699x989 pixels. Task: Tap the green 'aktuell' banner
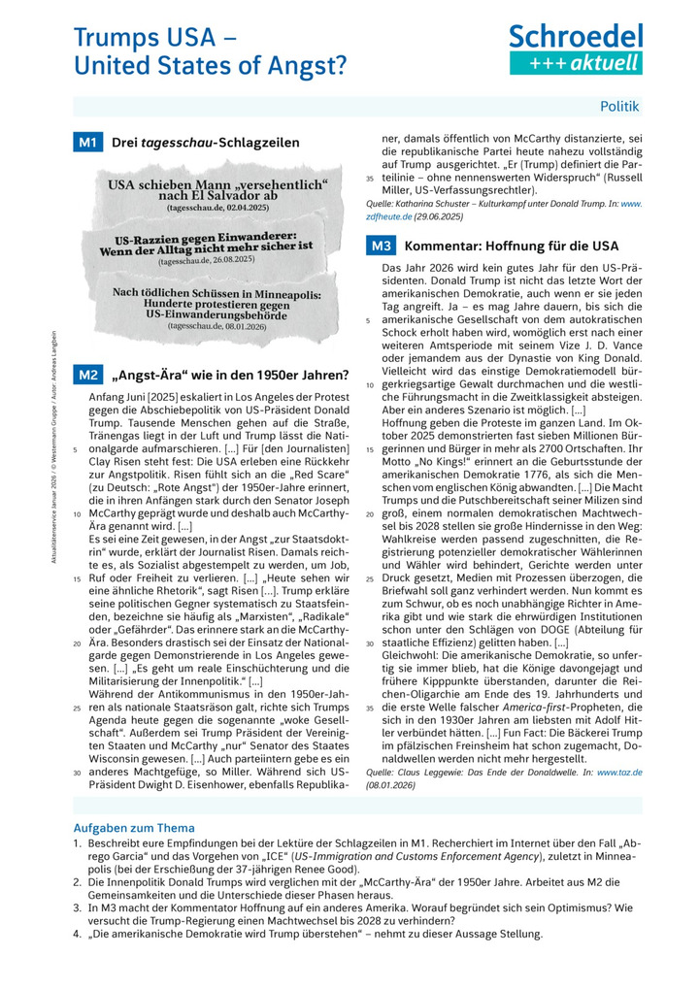pos(576,63)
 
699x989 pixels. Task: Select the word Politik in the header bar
pos(619,105)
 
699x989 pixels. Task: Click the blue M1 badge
pos(88,143)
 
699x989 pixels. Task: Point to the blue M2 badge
pos(88,375)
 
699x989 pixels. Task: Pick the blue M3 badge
pos(380,246)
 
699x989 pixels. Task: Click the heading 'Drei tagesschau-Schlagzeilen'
pos(206,143)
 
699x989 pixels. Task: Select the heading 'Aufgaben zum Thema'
pos(134,828)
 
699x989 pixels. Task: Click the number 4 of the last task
pos(77,933)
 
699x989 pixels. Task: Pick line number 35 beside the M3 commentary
pos(370,709)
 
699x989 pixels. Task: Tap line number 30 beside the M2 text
pos(77,773)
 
